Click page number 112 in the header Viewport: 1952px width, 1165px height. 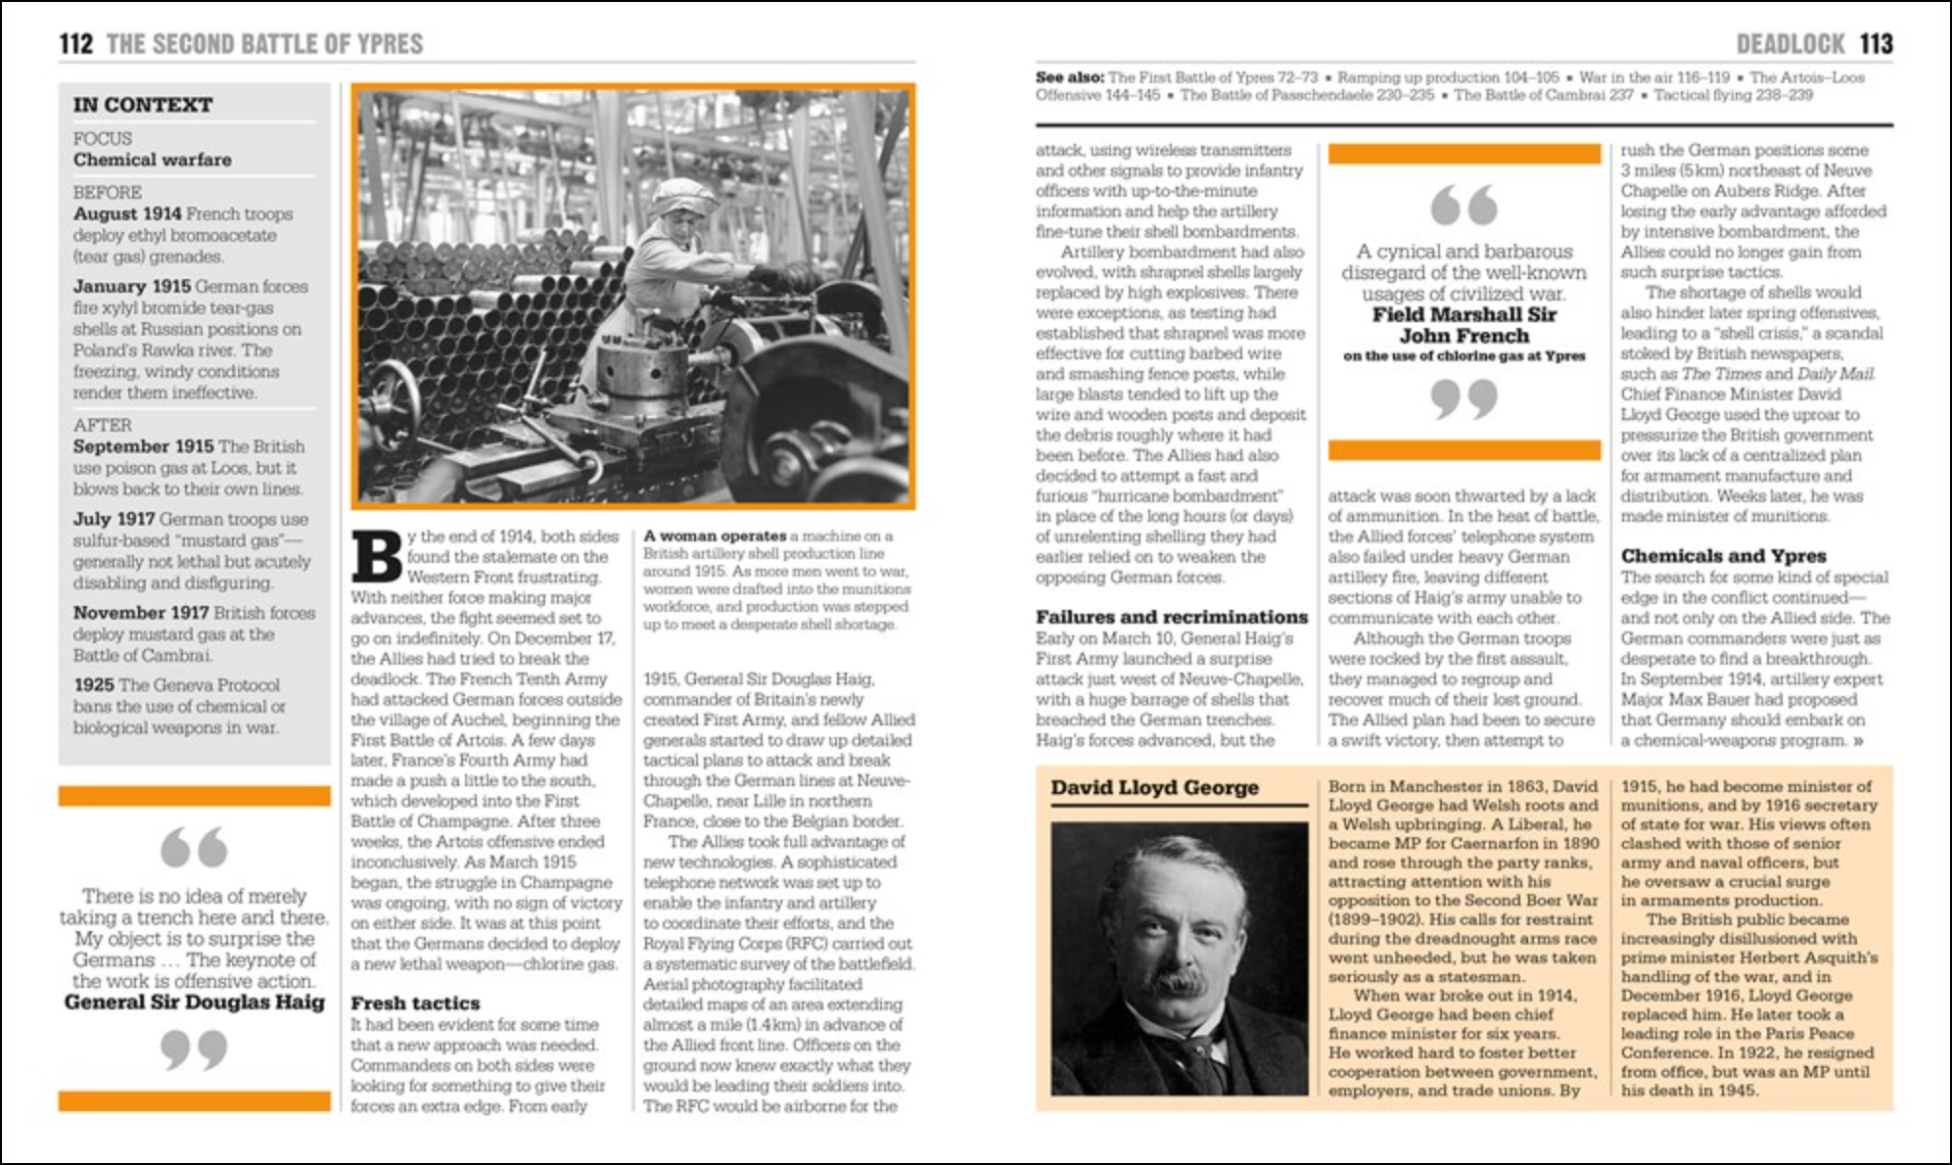tap(75, 44)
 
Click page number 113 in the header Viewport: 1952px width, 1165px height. tap(1876, 44)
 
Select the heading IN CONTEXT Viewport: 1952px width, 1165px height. tap(142, 105)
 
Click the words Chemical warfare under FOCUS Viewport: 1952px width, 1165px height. tap(152, 160)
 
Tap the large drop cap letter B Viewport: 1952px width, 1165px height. tap(376, 557)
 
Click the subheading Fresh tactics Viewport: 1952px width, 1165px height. tap(415, 1003)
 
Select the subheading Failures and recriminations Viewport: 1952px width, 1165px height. tap(1171, 617)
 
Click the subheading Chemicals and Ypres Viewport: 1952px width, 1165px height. tap(1723, 555)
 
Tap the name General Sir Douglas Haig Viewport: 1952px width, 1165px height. tap(194, 1002)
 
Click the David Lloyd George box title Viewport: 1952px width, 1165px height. tap(1154, 787)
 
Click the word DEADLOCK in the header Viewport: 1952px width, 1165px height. tap(1789, 44)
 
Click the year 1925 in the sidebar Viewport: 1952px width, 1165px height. tap(94, 685)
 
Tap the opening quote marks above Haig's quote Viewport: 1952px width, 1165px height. tap(194, 848)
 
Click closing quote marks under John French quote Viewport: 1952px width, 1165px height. tap(1464, 398)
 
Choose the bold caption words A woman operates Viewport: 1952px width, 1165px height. tap(715, 536)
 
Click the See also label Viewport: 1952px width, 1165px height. tap(1069, 77)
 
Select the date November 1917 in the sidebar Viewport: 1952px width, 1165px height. tap(140, 613)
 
